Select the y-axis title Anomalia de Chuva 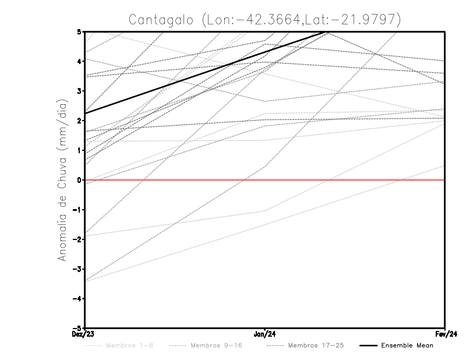coord(62,180)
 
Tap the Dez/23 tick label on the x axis coord(85,334)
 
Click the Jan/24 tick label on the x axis coord(265,334)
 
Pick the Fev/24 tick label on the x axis coord(445,334)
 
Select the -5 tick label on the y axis coord(79,328)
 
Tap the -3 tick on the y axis coord(79,269)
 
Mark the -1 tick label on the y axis coord(79,210)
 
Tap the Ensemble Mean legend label coord(407,345)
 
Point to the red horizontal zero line coord(349,180)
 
